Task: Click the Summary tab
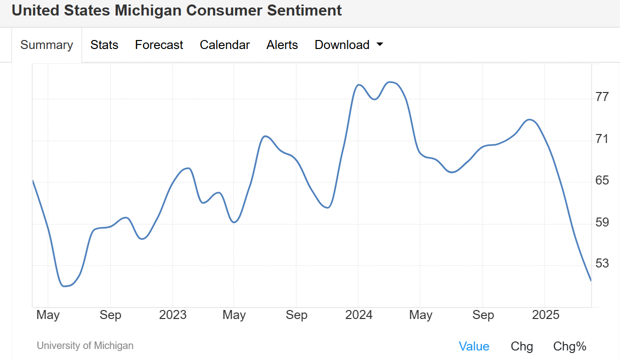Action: pos(47,45)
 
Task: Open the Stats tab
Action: pos(104,45)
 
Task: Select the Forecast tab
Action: pos(159,45)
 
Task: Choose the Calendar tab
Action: pos(225,45)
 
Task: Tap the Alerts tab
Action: pos(282,45)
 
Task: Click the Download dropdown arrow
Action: pos(379,44)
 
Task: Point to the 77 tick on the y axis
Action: pos(602,96)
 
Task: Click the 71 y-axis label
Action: pos(602,138)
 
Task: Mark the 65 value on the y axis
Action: pos(602,180)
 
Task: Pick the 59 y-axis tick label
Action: pos(602,222)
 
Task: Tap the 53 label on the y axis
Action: pos(602,263)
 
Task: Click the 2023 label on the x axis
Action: pos(173,315)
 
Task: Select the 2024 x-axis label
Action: pos(359,315)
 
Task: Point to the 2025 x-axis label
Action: pos(545,315)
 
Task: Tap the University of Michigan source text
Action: pos(85,345)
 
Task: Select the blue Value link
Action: pos(474,346)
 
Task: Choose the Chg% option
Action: pos(569,346)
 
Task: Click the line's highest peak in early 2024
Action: pos(391,82)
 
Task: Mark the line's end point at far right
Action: pos(591,280)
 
